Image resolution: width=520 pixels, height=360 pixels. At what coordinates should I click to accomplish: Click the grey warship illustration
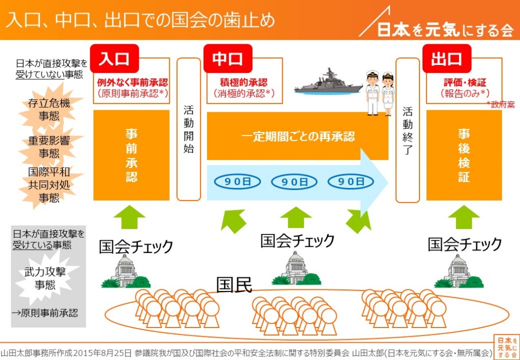328,82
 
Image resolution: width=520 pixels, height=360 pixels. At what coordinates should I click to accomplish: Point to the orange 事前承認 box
132,155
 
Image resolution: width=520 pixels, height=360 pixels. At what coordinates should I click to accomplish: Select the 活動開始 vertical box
188,130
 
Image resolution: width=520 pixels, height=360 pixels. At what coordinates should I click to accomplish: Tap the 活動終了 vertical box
407,130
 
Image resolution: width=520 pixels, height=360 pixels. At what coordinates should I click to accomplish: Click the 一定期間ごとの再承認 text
298,137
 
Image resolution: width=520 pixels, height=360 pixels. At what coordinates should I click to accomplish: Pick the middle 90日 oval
295,181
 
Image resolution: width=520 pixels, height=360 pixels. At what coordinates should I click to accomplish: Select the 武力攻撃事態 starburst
45,277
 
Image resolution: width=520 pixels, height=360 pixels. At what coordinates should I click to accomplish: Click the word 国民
234,284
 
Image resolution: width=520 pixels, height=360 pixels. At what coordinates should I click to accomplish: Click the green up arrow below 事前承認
129,219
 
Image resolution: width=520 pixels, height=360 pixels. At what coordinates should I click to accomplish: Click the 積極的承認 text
243,82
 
